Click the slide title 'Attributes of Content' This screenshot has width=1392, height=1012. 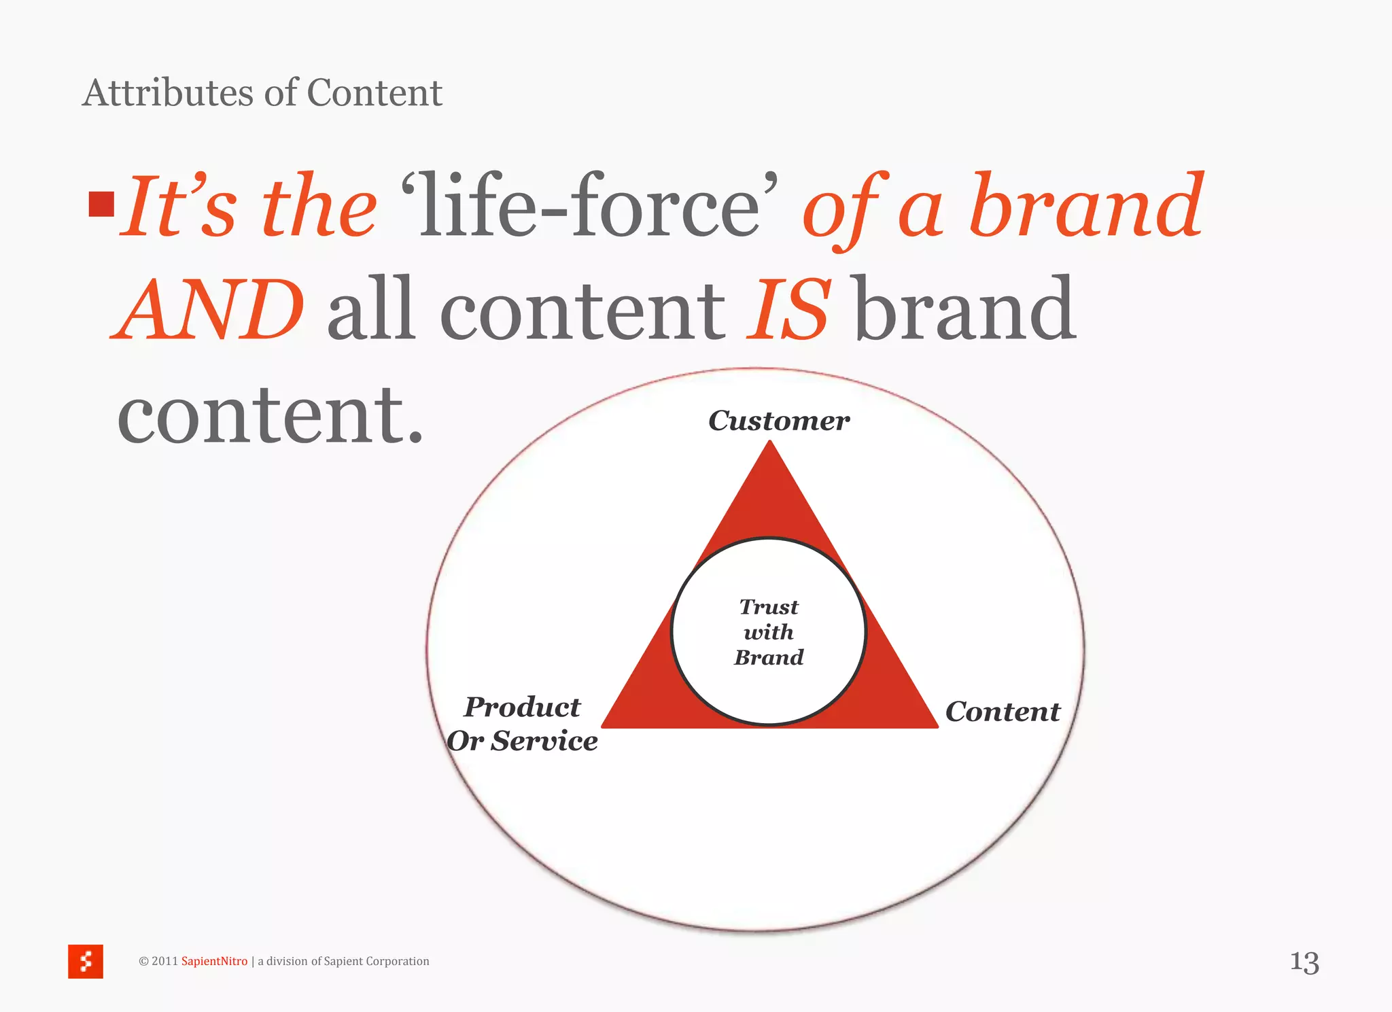click(262, 93)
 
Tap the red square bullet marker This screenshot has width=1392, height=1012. click(101, 204)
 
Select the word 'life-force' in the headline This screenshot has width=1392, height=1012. click(589, 205)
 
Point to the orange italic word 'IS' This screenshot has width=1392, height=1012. click(788, 309)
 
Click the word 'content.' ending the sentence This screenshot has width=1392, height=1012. click(270, 415)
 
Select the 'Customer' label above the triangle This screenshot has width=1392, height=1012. click(779, 421)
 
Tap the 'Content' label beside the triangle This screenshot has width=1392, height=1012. click(1003, 712)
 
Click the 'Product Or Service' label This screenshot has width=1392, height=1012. click(522, 724)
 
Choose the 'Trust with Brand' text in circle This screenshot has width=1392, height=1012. click(769, 632)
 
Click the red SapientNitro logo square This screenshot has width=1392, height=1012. click(86, 961)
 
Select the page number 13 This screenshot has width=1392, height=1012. click(1304, 962)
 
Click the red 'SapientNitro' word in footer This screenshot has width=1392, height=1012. click(214, 961)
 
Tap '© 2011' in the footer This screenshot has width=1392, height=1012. click(158, 961)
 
